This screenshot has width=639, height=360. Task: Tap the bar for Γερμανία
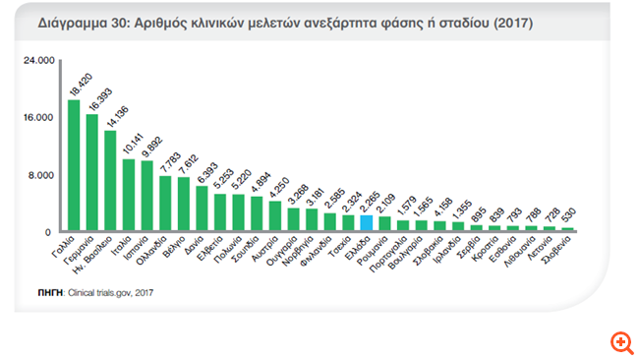[x=91, y=173]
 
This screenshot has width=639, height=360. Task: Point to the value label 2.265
[x=366, y=200]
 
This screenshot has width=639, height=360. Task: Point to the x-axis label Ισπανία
[x=137, y=250]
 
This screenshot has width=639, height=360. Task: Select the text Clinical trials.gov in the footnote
[x=101, y=292]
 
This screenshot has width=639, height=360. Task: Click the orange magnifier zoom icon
[x=621, y=343]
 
